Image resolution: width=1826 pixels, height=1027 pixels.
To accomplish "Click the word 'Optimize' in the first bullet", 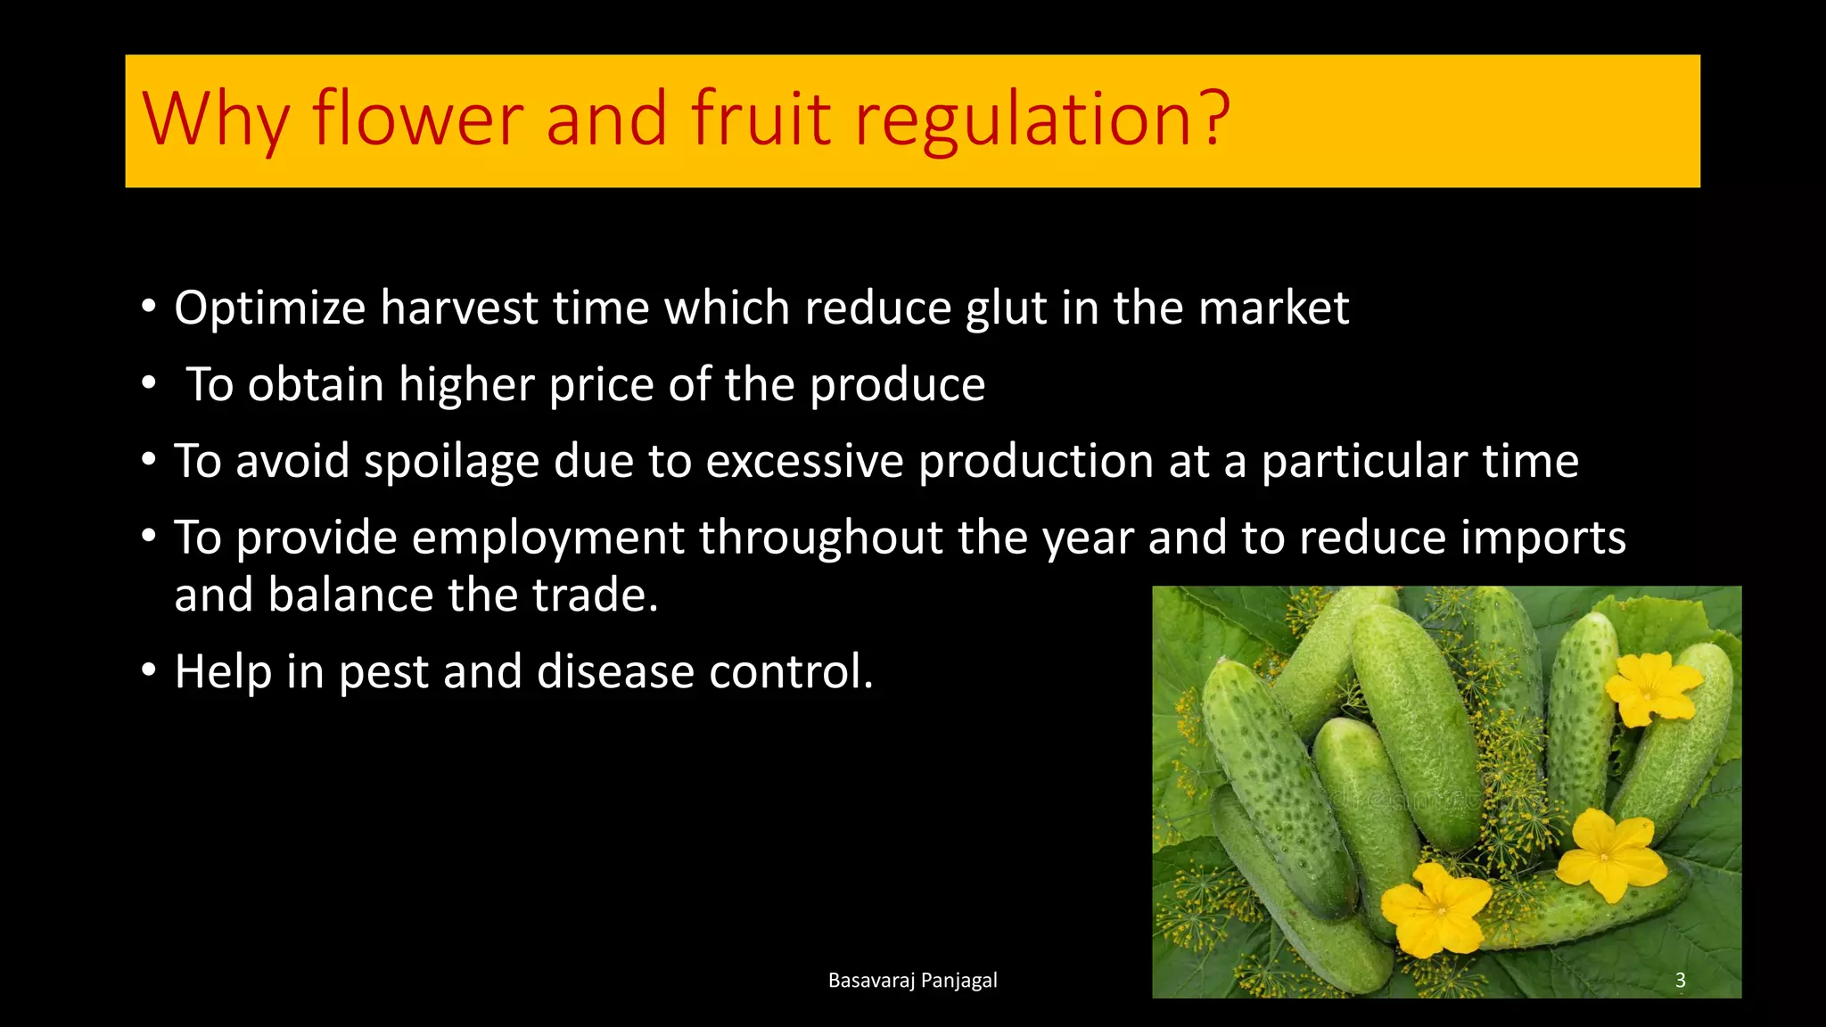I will pos(269,309).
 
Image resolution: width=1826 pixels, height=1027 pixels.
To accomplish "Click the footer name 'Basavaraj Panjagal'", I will pos(912,981).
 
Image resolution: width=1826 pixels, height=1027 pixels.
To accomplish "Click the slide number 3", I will pos(1680,981).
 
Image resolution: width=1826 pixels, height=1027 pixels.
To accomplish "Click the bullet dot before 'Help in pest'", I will pos(149,670).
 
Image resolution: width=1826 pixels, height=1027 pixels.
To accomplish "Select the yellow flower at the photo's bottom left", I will pos(1435,909).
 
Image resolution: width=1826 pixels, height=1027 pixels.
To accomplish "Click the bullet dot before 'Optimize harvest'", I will pos(149,307).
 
